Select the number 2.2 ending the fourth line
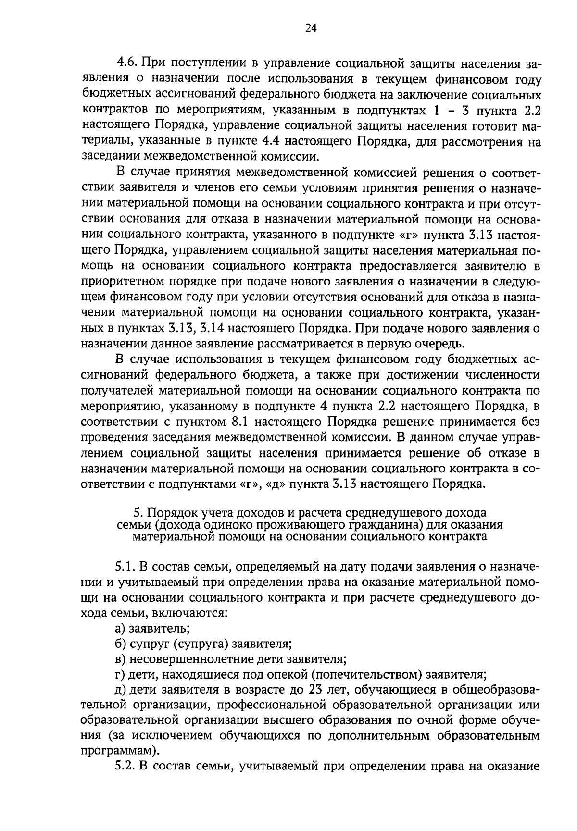click(x=530, y=111)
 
